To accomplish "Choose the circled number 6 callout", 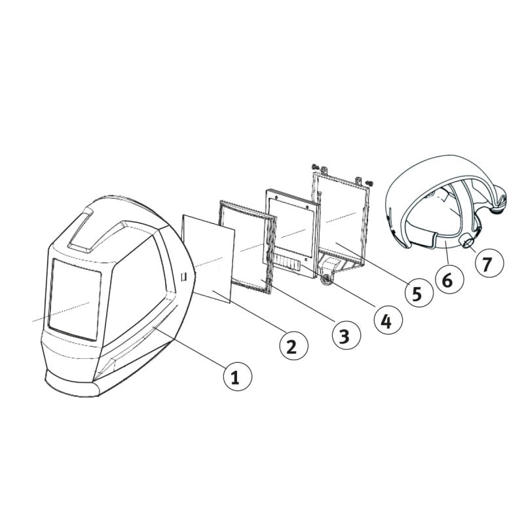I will pyautogui.click(x=447, y=280).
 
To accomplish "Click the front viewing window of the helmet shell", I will pyautogui.click(x=74, y=298).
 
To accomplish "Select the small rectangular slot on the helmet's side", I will pyautogui.click(x=185, y=277).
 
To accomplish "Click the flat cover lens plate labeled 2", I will pyautogui.click(x=209, y=255).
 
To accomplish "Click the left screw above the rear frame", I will pyautogui.click(x=316, y=167).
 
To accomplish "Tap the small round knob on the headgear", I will pyautogui.click(x=469, y=244).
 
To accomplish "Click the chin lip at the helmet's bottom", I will pyautogui.click(x=72, y=386).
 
